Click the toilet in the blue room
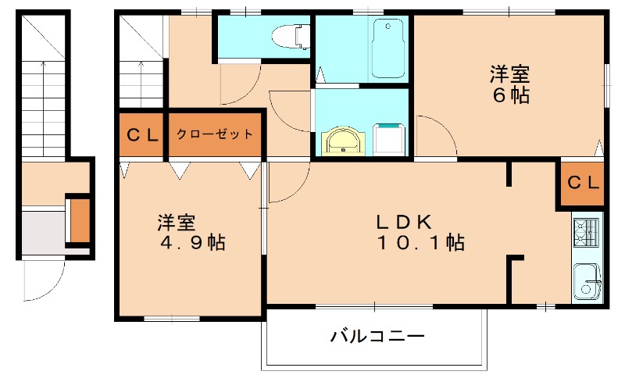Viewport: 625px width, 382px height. pyautogui.click(x=287, y=35)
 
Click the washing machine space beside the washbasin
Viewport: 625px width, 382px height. pyautogui.click(x=389, y=138)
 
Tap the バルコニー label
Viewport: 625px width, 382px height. pyautogui.click(x=377, y=337)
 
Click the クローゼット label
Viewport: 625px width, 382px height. pyautogui.click(x=214, y=134)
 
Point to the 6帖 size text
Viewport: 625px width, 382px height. pyautogui.click(x=510, y=95)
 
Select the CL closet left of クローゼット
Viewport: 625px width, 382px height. pyautogui.click(x=142, y=134)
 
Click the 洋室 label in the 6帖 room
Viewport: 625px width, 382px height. pyautogui.click(x=510, y=75)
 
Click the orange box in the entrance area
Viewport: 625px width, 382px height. pyautogui.click(x=80, y=221)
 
